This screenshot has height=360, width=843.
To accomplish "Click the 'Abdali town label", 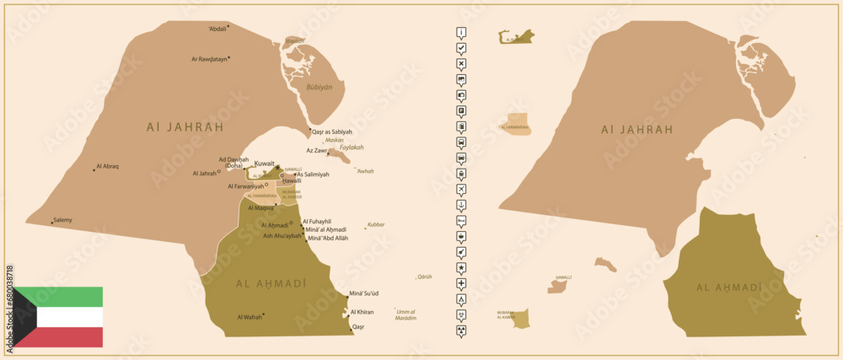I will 217,30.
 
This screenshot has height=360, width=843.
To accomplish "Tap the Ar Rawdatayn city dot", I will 229,58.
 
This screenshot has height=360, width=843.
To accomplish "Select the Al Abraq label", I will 108,167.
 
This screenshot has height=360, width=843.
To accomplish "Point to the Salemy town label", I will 62,220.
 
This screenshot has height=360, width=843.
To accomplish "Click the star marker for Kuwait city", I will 277,167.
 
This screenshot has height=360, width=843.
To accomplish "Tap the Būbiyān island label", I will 319,87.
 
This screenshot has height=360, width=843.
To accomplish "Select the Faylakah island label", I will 352,147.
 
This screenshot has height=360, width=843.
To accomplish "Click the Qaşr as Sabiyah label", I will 332,132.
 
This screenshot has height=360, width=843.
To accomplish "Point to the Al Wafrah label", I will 250,317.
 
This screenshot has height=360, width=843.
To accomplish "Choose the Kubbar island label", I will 375,225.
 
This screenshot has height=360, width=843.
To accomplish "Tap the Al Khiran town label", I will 362,312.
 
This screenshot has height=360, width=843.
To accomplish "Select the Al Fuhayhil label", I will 319,221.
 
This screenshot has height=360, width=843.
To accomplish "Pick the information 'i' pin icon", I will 461,33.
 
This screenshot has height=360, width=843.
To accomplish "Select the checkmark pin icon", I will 461,49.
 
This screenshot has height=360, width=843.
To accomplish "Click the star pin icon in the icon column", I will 461,267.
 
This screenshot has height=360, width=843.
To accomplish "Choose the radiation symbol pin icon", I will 461,314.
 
